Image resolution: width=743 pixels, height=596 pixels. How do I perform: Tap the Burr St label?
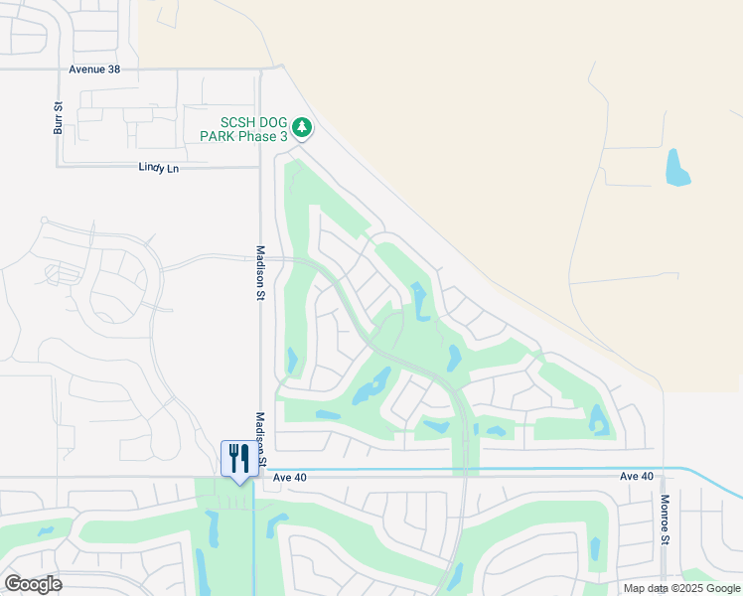(59, 117)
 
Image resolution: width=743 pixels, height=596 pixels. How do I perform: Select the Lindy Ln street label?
(158, 169)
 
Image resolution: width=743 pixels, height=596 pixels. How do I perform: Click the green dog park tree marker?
(303, 128)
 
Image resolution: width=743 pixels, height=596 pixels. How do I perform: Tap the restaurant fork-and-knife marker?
(237, 460)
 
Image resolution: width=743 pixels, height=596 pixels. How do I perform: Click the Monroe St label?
(666, 520)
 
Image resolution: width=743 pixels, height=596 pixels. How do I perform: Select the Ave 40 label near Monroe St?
(637, 477)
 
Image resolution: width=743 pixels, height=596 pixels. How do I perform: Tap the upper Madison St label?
(260, 272)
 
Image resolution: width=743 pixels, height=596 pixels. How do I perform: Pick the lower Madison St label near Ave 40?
(261, 439)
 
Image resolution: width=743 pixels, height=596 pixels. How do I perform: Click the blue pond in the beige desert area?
(677, 168)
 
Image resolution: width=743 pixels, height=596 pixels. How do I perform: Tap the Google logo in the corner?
(33, 584)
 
